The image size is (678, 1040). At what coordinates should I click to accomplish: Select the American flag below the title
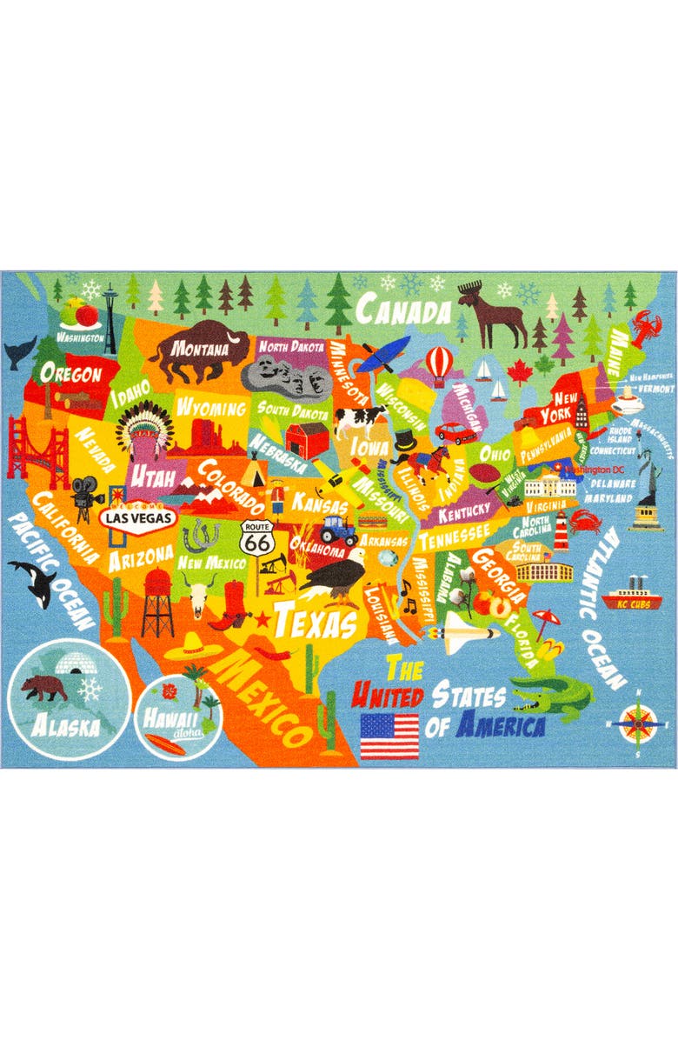pyautogui.click(x=389, y=736)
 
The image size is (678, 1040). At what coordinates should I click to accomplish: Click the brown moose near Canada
pyautogui.click(x=492, y=312)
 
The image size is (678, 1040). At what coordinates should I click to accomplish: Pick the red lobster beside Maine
pyautogui.click(x=648, y=332)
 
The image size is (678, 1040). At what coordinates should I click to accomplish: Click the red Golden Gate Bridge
pyautogui.click(x=35, y=452)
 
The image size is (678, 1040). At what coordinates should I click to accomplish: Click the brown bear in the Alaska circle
pyautogui.click(x=45, y=688)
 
